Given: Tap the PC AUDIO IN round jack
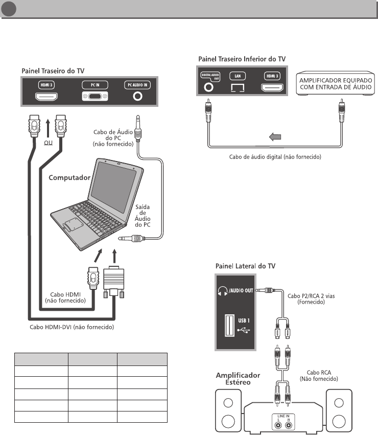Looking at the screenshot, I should [x=137, y=96].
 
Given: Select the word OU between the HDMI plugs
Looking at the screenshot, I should [x=48, y=144].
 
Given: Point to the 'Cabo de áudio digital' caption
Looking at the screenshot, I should [x=274, y=156].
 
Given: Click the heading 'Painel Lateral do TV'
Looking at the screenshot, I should [x=245, y=266].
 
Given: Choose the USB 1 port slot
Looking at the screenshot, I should [x=228, y=325].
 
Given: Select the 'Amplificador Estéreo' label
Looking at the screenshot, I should [x=238, y=379].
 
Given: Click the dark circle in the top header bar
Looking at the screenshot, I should [x=9, y=10].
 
